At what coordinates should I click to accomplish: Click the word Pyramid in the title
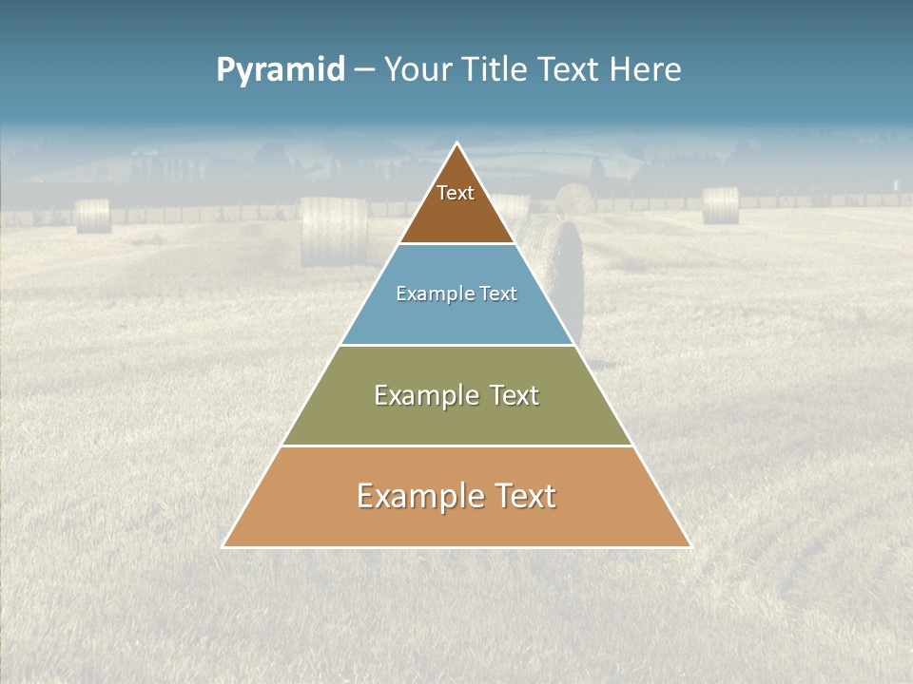(281, 70)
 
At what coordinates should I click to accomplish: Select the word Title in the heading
(498, 70)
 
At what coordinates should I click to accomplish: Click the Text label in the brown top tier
(456, 193)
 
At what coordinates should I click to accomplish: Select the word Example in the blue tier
(432, 294)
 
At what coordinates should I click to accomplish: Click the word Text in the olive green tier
(514, 395)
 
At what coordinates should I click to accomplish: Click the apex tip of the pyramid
(457, 143)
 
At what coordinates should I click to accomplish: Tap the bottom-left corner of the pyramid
(223, 546)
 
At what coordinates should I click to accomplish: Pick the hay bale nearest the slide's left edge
(93, 216)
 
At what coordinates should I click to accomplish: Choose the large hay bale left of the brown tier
(334, 231)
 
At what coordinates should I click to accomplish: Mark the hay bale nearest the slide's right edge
(720, 205)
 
